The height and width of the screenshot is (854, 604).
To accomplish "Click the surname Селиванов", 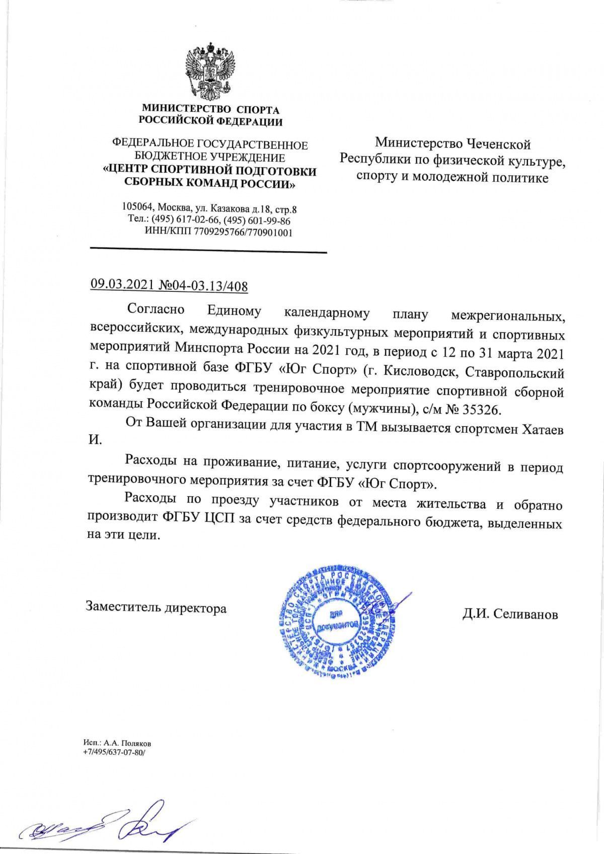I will [x=526, y=614].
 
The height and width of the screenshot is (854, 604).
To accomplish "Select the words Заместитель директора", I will [x=156, y=608].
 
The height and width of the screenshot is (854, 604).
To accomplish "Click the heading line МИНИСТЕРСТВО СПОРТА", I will [x=210, y=109].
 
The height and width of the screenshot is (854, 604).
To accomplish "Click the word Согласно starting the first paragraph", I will [x=156, y=308].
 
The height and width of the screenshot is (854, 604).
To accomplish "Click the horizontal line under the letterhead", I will [x=208, y=251].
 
